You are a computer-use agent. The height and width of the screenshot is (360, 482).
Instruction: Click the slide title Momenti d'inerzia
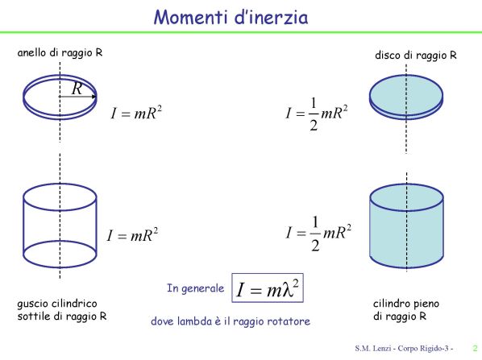(x=231, y=17)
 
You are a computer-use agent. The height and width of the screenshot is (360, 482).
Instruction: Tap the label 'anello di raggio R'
(x=60, y=53)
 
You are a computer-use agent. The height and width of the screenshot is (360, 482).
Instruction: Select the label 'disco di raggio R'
(x=416, y=56)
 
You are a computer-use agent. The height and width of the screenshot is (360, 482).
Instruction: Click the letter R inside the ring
(x=77, y=89)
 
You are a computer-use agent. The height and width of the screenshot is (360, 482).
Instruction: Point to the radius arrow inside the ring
(x=77, y=97)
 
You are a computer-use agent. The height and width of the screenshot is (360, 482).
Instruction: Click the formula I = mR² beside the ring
(x=136, y=113)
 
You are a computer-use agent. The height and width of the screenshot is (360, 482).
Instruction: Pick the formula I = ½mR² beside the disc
(x=317, y=114)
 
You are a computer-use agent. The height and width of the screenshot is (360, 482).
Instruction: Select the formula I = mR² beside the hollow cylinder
(x=132, y=235)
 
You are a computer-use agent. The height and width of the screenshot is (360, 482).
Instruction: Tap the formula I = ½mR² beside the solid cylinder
(x=318, y=234)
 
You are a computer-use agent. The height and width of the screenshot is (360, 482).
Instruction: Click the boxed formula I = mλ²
(x=268, y=288)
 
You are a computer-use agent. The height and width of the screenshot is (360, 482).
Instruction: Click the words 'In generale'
(x=196, y=288)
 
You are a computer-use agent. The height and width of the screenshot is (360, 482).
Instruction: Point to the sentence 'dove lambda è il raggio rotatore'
(x=231, y=321)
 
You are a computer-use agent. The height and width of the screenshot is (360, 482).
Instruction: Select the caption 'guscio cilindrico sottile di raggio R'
(x=62, y=310)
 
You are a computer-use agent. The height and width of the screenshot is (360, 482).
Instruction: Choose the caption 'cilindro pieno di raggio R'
(x=406, y=310)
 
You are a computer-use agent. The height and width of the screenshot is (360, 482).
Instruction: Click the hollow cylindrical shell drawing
(x=23, y=226)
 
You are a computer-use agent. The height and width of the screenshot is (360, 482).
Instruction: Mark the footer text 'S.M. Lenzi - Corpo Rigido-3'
(x=404, y=349)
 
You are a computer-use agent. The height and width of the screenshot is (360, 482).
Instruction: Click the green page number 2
(x=476, y=349)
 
